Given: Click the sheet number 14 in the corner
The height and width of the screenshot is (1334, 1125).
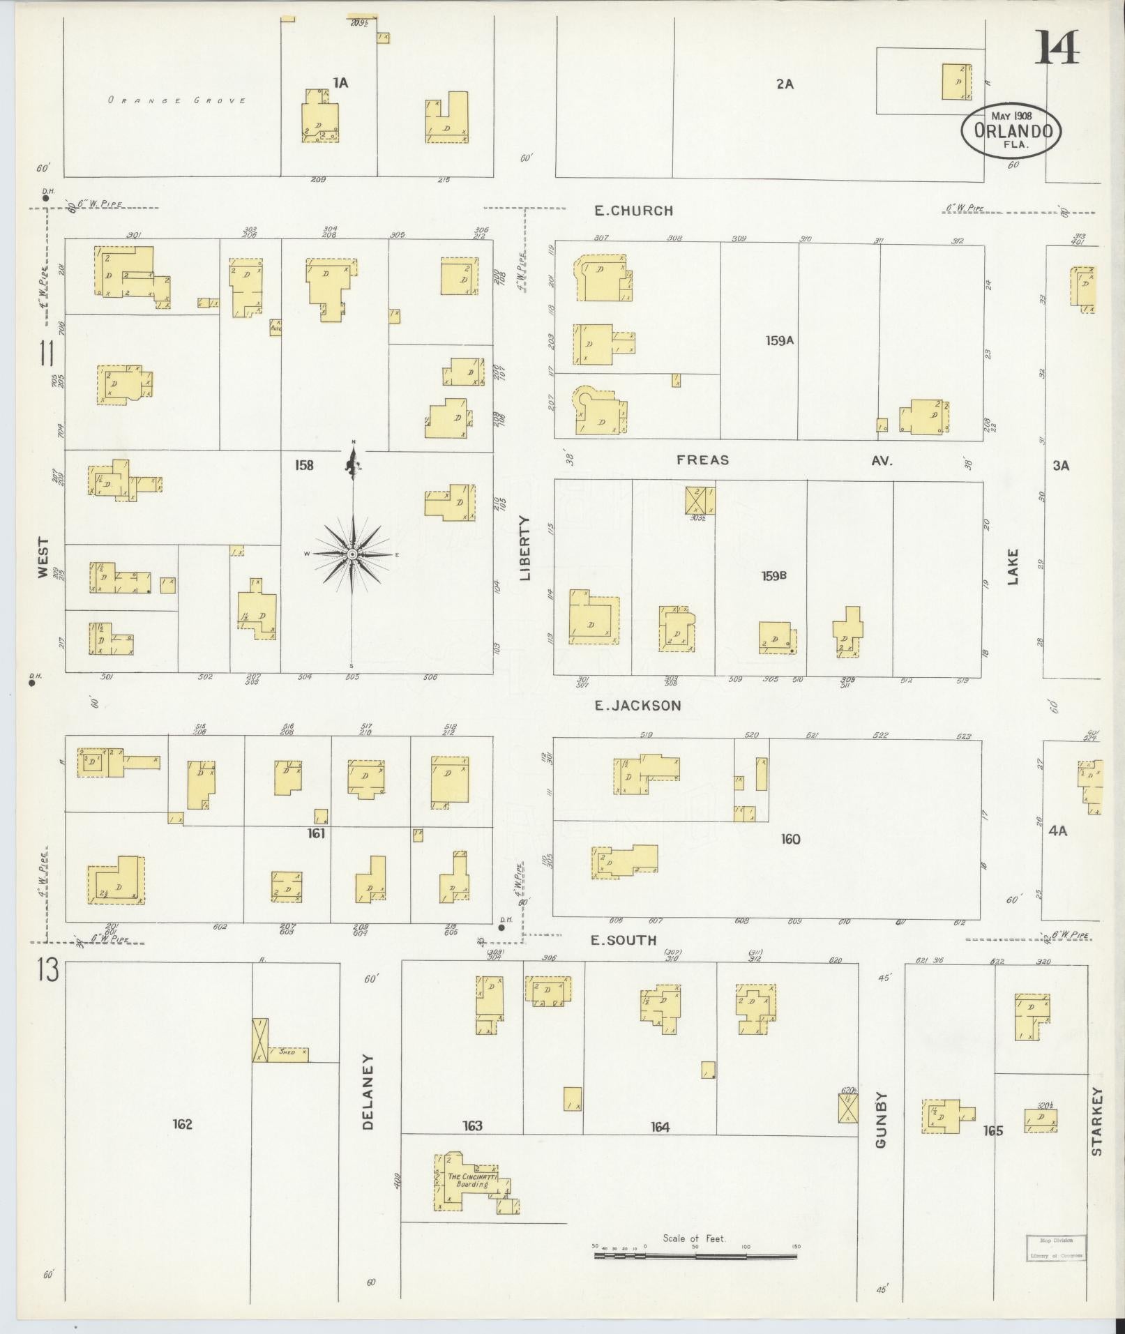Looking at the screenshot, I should [1057, 47].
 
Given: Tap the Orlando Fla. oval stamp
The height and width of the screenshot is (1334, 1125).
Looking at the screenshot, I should [1011, 131].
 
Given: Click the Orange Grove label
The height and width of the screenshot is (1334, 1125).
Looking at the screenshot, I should [176, 100].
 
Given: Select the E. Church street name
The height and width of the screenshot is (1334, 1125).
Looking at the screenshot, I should [633, 210].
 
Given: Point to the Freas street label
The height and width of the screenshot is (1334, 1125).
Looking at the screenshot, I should [702, 460].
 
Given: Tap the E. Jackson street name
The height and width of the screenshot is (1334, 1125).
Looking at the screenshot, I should [637, 706].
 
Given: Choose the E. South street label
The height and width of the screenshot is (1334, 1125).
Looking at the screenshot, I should [624, 941].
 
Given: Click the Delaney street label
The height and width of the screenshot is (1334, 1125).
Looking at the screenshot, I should [369, 1101].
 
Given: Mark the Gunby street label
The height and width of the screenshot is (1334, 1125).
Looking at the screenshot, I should [882, 1129].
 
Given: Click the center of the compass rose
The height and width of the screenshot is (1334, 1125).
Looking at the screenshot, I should [353, 554].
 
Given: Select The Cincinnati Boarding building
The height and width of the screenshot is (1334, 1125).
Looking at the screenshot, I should [474, 1181].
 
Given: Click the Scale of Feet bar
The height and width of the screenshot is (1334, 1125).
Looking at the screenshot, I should [695, 1256].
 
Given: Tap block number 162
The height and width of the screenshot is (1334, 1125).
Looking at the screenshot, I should [182, 1124].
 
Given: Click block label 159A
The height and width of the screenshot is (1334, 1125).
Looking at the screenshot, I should [779, 341].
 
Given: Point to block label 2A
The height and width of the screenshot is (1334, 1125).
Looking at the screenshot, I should [785, 84].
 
